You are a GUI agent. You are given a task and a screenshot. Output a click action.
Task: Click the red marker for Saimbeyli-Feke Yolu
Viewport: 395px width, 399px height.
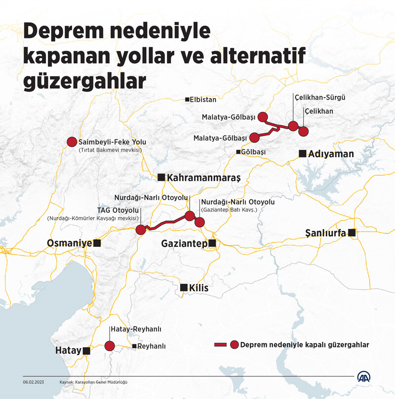pos(72,142)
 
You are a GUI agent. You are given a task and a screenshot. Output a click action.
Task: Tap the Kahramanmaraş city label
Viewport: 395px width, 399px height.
pos(203,178)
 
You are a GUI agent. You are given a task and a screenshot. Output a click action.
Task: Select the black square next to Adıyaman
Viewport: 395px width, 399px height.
pos(302,154)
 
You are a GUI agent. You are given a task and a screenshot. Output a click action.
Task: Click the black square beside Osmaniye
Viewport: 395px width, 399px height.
pos(97,243)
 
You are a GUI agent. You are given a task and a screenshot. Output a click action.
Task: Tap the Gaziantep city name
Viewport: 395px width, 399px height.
pos(185,243)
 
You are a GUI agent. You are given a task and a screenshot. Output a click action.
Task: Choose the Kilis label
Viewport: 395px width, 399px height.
pos(198,288)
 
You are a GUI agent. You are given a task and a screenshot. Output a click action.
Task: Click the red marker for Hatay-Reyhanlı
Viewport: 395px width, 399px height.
pos(110,346)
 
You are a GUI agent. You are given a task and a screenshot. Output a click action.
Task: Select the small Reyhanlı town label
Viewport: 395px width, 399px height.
pos(151,347)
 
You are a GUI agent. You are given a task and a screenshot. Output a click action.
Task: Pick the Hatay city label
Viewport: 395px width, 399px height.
pos(68,351)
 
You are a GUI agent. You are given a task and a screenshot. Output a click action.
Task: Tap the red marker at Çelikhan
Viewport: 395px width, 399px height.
pos(303,132)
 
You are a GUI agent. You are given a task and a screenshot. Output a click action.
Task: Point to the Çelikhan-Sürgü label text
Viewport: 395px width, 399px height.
pos(319,98)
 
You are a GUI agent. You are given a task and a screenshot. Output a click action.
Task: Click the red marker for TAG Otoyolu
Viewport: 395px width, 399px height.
pos(141,229)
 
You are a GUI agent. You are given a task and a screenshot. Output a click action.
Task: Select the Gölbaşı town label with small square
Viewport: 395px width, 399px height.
pos(253,152)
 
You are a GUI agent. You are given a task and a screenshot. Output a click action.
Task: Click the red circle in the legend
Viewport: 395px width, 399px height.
pos(235,345)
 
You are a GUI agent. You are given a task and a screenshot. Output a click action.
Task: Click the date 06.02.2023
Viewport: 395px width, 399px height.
pos(33,382)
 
